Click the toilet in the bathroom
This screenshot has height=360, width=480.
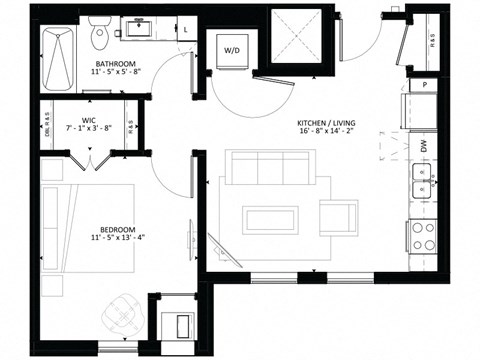coord(99,36)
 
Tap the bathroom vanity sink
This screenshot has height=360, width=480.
coord(136,30)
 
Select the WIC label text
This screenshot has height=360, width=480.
coord(87,118)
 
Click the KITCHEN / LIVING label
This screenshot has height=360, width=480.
coord(327,124)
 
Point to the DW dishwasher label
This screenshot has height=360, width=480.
coord(423,146)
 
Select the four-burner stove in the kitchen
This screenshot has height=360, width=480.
coord(423,236)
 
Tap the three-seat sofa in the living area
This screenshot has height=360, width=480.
coord(270,169)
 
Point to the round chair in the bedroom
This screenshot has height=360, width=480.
coord(122,316)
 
